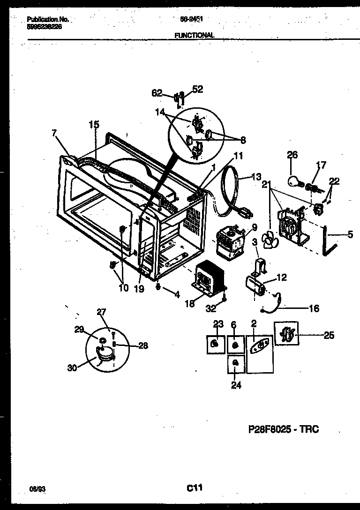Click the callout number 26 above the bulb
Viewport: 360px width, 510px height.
click(292, 155)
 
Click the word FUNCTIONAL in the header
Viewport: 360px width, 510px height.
click(195, 35)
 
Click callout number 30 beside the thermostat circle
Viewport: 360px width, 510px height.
click(72, 368)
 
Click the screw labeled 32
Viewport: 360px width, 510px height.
click(224, 296)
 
